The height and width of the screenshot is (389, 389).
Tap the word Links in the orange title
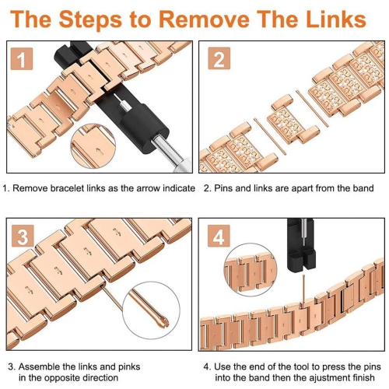click(335, 19)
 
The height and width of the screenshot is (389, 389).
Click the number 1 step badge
click(22, 59)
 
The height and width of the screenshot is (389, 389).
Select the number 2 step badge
click(219, 58)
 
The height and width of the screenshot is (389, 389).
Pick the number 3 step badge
click(23, 236)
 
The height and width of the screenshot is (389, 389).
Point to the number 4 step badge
click(219, 236)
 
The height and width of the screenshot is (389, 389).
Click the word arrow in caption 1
click(148, 188)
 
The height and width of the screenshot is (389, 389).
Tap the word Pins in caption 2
click(223, 188)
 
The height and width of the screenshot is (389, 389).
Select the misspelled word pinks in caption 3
click(129, 366)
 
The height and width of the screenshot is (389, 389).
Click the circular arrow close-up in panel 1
click(93, 146)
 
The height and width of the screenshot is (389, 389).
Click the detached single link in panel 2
click(289, 122)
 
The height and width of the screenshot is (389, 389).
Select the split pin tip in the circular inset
click(161, 322)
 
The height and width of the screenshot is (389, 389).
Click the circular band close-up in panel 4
click(251, 270)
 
